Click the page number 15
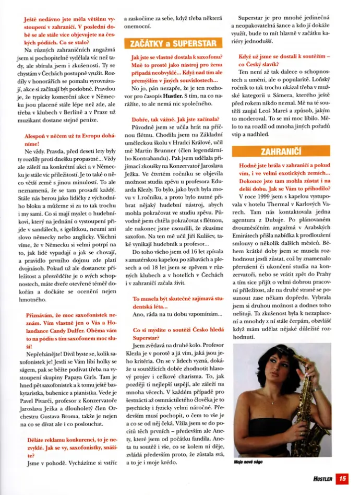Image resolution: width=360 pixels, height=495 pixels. point(341,478)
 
